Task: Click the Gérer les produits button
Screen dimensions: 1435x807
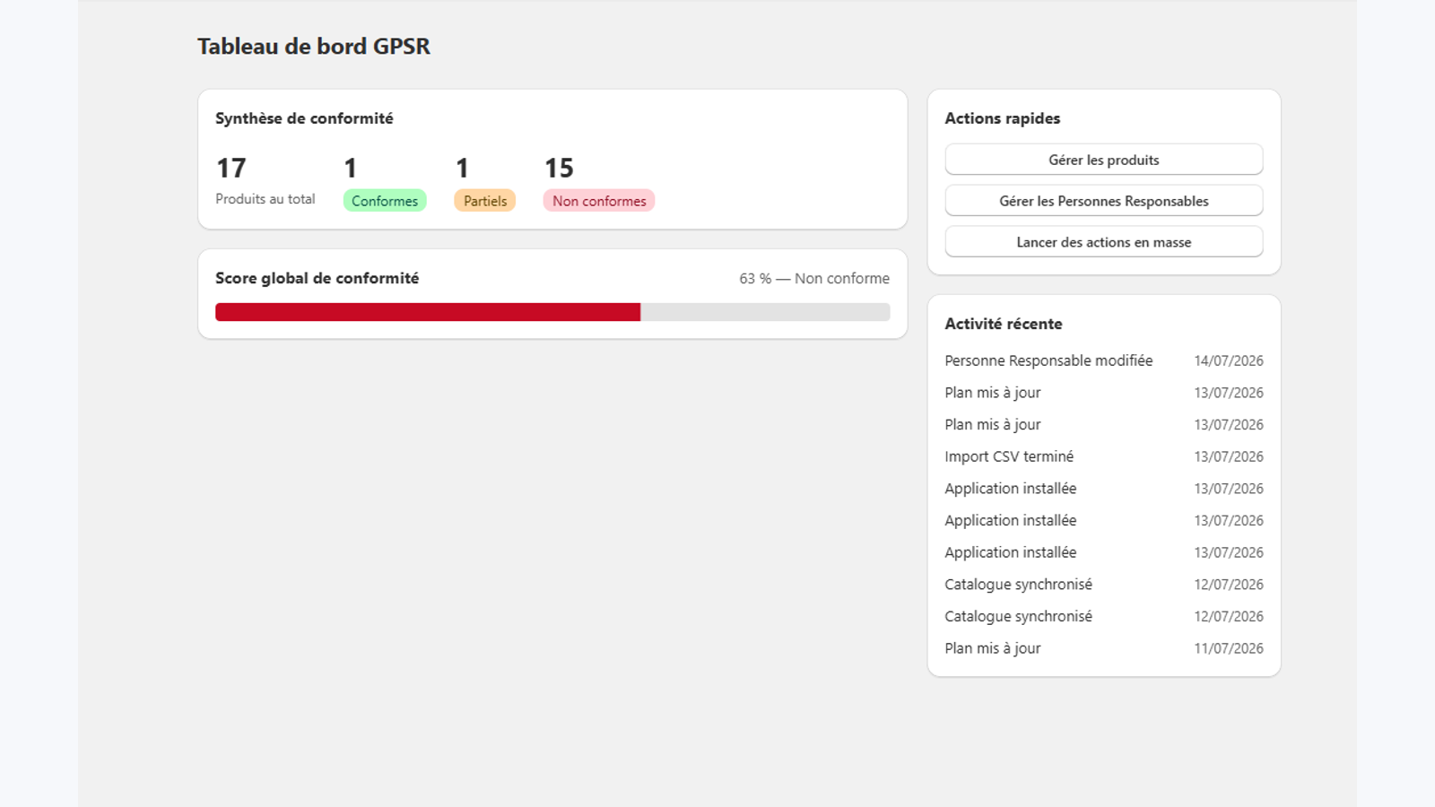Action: click(x=1104, y=160)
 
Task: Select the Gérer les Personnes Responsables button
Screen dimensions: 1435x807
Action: click(x=1104, y=201)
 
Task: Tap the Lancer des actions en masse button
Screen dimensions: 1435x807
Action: click(x=1104, y=241)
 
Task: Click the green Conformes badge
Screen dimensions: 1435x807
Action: click(x=385, y=201)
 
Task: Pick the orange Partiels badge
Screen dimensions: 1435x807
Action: click(x=485, y=201)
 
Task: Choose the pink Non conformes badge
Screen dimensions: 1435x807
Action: click(x=599, y=201)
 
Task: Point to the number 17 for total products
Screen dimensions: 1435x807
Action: click(x=231, y=168)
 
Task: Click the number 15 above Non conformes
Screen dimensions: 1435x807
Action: click(x=559, y=168)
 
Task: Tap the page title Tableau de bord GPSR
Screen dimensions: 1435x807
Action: click(x=314, y=46)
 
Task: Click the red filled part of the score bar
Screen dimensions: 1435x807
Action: click(x=428, y=312)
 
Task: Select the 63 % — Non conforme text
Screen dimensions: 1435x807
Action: click(x=814, y=279)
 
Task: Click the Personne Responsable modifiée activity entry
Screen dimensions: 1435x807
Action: click(x=1048, y=360)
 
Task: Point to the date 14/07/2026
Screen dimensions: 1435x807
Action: click(x=1229, y=360)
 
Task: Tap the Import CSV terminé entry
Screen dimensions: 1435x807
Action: click(x=1009, y=456)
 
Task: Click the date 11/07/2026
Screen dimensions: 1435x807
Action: click(x=1229, y=648)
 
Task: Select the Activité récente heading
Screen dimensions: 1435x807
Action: click(x=1004, y=324)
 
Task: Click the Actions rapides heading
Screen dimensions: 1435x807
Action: click(x=1003, y=118)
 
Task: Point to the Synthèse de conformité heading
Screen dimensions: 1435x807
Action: click(x=304, y=118)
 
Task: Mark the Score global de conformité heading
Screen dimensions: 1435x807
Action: click(x=317, y=279)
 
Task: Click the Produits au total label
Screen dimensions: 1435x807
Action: click(x=265, y=199)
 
